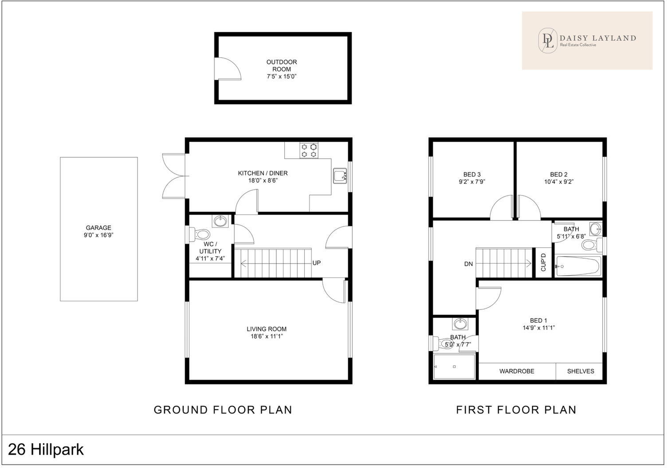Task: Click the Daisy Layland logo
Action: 587,40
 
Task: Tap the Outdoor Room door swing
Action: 227,69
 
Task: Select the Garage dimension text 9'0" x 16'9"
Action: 98,235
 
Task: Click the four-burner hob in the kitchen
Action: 309,150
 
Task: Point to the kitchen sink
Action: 340,175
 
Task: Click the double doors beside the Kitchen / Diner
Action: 173,176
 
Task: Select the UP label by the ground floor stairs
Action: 316,263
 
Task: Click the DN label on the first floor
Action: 468,264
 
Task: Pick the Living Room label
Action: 267,329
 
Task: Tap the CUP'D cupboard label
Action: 543,262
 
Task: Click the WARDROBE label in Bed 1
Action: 517,371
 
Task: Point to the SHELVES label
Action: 580,371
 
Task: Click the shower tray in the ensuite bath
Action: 454,367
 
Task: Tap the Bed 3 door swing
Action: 502,207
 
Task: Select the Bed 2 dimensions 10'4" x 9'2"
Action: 559,182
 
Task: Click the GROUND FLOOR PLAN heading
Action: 223,410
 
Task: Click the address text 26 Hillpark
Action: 46,450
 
